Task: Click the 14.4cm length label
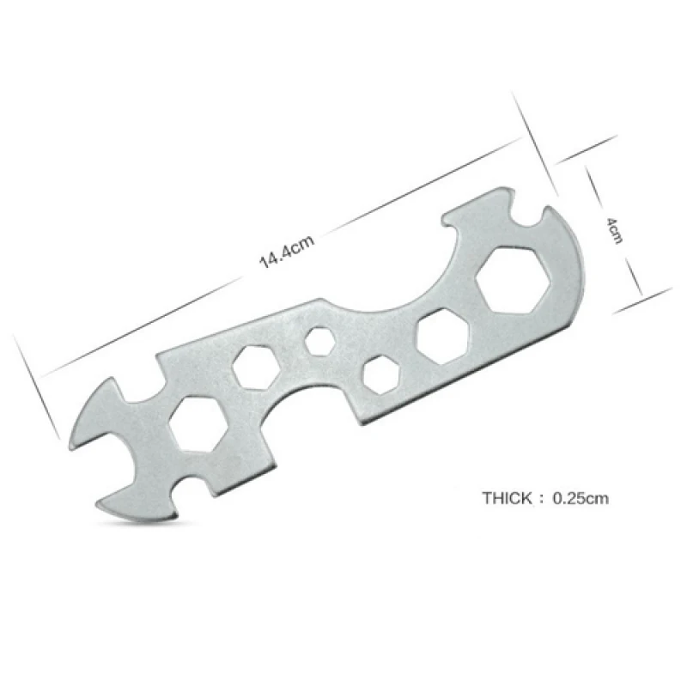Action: click(287, 252)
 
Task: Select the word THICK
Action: click(507, 498)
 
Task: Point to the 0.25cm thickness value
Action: click(581, 498)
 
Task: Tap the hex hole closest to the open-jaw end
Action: click(198, 423)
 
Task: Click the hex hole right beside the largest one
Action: click(443, 336)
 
